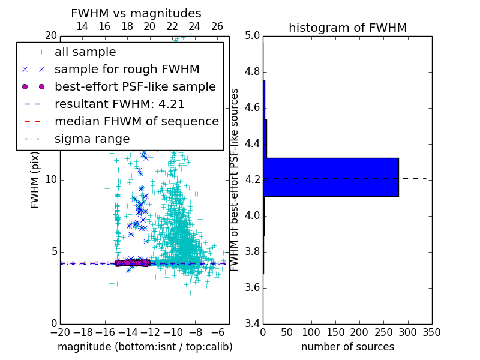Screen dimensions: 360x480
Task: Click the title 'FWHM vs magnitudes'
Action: [x=136, y=13]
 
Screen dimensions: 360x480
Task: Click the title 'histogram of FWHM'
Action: [x=348, y=28]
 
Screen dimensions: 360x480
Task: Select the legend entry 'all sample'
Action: [x=85, y=52]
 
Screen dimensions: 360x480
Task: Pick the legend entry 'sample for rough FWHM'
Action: [x=127, y=69]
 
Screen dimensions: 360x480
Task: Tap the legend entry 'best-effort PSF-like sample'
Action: [x=135, y=86]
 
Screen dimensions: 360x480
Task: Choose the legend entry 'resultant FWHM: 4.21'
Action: [x=119, y=104]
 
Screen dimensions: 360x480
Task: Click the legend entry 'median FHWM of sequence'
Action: [x=137, y=121]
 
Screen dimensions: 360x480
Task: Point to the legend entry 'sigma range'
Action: [x=92, y=139]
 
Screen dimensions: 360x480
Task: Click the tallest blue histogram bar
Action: [x=331, y=177]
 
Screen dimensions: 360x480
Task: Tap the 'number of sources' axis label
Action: [x=347, y=347]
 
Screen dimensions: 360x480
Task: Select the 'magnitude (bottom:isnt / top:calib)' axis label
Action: [x=145, y=347]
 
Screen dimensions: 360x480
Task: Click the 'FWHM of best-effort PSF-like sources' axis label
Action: [x=235, y=179]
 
